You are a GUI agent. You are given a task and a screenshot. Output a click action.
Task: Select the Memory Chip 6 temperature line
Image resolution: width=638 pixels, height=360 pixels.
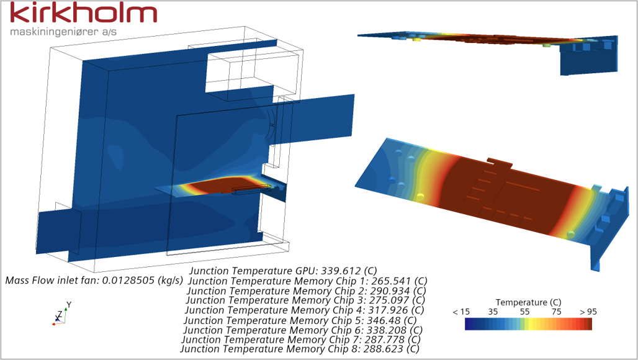pyautogui.click(x=303, y=330)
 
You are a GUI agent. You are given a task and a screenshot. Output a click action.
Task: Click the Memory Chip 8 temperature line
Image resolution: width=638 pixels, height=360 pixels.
pyautogui.click(x=300, y=349)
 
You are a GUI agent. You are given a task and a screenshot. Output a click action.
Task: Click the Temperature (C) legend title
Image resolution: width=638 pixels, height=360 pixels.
pyautogui.click(x=528, y=302)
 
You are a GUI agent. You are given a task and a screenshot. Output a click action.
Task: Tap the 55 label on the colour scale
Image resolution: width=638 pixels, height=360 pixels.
pyautogui.click(x=525, y=312)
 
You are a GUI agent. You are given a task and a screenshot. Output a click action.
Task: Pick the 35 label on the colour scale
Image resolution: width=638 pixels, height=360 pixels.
pyautogui.click(x=494, y=312)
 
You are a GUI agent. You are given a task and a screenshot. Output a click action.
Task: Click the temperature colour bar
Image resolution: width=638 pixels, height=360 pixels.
pyautogui.click(x=528, y=324)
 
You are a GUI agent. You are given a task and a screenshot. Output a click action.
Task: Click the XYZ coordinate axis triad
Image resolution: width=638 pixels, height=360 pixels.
pyautogui.click(x=60, y=315)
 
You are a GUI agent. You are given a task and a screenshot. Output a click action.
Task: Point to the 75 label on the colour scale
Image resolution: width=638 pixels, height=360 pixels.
pyautogui.click(x=557, y=312)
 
